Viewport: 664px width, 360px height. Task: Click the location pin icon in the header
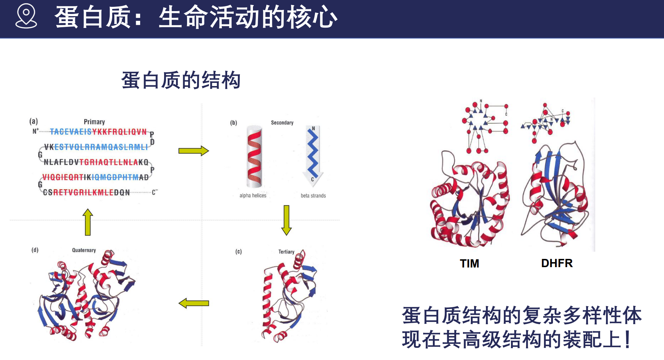click(26, 16)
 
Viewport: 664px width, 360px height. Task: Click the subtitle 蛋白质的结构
click(181, 80)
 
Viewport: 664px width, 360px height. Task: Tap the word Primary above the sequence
click(94, 122)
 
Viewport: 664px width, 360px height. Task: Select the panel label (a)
click(34, 121)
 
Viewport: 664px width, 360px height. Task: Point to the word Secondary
click(282, 123)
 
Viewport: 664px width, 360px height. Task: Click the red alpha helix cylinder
click(254, 157)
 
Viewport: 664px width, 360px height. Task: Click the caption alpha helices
click(253, 195)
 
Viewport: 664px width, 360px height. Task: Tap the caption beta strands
click(313, 195)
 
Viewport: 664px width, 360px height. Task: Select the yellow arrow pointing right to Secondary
click(194, 151)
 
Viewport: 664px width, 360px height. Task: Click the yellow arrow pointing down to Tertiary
click(286, 220)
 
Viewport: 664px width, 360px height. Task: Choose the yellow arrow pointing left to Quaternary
click(194, 303)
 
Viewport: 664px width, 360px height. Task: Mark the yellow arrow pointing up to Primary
click(88, 222)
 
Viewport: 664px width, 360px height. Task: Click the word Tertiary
click(286, 252)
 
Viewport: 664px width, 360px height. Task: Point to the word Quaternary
click(84, 250)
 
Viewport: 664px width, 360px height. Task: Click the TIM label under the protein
click(469, 264)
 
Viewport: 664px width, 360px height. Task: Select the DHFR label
click(557, 263)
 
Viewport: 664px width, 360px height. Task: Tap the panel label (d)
click(35, 250)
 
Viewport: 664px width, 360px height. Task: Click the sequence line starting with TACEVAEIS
click(98, 132)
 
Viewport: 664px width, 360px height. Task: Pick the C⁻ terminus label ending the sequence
click(155, 192)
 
